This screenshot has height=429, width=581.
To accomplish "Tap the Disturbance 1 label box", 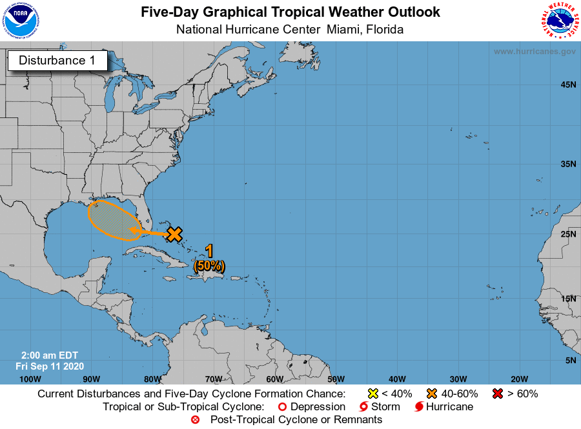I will click(57, 61).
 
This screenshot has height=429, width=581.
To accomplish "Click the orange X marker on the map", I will click(174, 234).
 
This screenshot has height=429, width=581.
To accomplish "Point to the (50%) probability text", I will click(209, 265).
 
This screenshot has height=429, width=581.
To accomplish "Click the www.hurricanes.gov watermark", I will click(535, 52).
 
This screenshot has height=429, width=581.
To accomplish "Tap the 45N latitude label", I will click(567, 85).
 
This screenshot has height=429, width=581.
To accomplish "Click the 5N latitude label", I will click(570, 361).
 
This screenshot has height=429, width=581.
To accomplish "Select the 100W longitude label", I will click(30, 379).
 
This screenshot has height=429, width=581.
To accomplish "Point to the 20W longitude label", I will click(519, 379).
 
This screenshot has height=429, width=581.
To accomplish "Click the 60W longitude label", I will click(274, 379).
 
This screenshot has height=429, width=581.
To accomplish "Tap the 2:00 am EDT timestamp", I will click(47, 355).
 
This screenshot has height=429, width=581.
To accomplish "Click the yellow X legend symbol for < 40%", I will click(372, 394).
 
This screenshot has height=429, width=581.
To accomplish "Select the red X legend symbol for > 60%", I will click(498, 394).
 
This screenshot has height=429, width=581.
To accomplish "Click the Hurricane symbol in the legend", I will click(420, 407).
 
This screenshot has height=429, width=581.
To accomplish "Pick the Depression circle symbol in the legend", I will click(281, 407).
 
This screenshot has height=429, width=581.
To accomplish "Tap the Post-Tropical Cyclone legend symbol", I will click(195, 420).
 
